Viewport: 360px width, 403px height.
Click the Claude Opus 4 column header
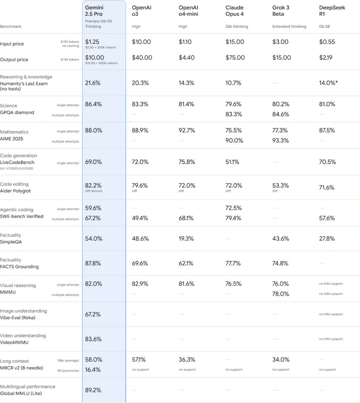[x=234, y=11]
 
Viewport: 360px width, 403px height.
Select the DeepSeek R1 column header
[x=332, y=11]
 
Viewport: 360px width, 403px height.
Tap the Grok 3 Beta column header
[x=281, y=11]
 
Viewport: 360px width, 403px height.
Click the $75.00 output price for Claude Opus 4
[x=235, y=57]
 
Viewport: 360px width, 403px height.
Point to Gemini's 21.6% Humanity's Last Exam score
[x=93, y=83]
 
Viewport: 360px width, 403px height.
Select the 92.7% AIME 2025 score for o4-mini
[x=187, y=130]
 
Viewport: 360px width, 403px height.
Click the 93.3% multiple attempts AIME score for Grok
[x=281, y=140]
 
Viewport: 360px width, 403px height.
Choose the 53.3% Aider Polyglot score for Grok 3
[x=281, y=185]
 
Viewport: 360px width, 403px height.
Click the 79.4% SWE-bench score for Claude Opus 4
[x=234, y=218]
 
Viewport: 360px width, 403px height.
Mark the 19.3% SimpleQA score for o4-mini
[x=186, y=238]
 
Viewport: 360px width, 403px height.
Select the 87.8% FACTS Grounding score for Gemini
[x=93, y=263]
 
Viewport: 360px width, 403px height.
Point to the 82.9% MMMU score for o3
[x=140, y=283]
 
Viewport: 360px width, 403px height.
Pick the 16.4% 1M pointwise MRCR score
[x=93, y=370]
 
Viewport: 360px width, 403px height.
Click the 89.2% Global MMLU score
[x=93, y=390]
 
